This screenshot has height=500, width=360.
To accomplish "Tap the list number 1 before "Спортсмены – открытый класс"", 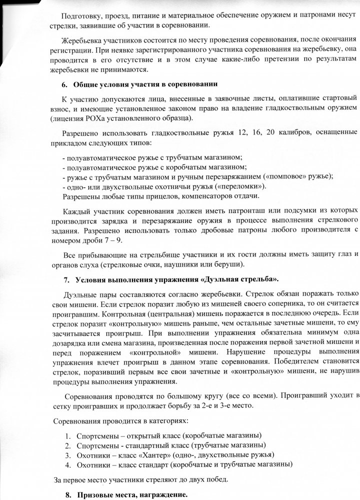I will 68,434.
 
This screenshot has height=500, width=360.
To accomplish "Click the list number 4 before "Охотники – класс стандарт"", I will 68,464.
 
